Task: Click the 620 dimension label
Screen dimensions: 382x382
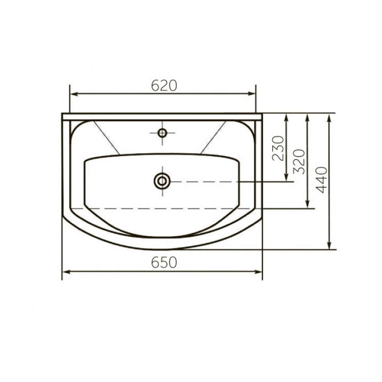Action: coord(164,86)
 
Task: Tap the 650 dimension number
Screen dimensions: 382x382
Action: coord(164,262)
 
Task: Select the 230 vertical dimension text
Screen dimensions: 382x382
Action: coord(278,148)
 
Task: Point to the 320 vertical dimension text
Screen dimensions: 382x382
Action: coord(299,162)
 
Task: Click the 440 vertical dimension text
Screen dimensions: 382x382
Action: coord(321,180)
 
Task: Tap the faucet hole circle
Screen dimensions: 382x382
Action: coord(162,133)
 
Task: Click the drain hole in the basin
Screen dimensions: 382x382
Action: coord(162,181)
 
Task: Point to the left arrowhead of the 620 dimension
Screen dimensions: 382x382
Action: coord(74,94)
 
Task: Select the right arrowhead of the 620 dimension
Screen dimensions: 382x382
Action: coord(252,94)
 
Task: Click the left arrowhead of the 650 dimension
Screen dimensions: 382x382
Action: coord(66,272)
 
